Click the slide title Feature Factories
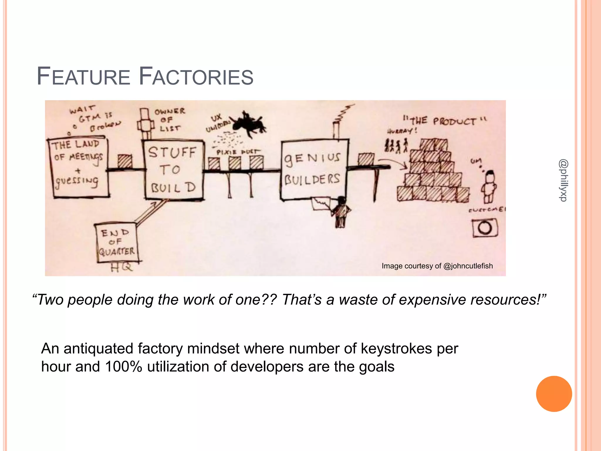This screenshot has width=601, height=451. click(145, 76)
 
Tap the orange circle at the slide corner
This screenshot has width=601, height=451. click(554, 394)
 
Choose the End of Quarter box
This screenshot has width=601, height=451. click(117, 243)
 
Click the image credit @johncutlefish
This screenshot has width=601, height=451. click(437, 266)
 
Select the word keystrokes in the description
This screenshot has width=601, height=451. click(396, 349)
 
